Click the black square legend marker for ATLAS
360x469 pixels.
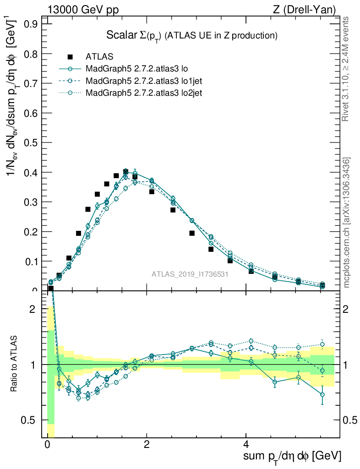[x=70, y=57]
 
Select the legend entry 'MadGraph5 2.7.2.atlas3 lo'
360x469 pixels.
[x=137, y=69]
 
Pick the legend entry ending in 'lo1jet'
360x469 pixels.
[x=144, y=81]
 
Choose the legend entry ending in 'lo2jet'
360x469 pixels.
[x=144, y=93]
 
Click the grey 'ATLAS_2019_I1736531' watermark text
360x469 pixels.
[x=190, y=274]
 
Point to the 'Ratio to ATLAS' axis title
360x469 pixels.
[x=15, y=364]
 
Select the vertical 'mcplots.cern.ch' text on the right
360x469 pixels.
[x=347, y=223]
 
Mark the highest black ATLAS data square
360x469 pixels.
[x=126, y=172]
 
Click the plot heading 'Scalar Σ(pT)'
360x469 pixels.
[x=133, y=36]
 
